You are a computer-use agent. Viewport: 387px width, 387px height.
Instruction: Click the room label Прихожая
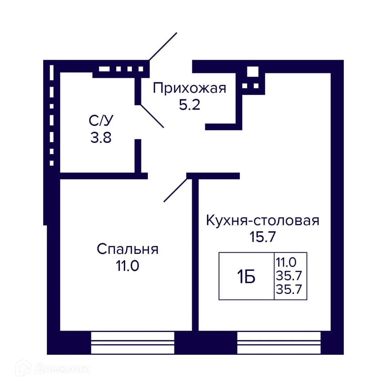[189, 88]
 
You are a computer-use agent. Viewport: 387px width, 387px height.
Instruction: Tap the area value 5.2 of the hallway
[190, 105]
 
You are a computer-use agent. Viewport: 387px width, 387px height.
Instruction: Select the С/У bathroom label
[101, 121]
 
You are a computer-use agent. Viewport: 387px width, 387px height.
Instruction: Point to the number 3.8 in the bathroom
[101, 138]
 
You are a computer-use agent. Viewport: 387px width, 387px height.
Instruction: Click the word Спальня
[127, 249]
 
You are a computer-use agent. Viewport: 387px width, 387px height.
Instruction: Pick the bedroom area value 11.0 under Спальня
[127, 266]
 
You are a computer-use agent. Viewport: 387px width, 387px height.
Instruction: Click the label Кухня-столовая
[263, 221]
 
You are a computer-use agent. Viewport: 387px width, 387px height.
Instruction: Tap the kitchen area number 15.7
[263, 237]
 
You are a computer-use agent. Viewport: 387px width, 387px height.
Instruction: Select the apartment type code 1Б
[246, 277]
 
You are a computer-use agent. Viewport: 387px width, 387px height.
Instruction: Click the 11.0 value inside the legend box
[286, 262]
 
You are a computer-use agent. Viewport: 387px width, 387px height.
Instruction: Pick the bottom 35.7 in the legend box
[289, 290]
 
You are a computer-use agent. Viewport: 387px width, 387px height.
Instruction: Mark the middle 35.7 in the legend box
[289, 276]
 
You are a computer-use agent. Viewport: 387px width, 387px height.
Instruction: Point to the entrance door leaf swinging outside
[163, 46]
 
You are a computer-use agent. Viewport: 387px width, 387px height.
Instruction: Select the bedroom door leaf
[175, 190]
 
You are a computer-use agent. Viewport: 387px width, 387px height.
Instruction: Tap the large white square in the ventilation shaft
[253, 71]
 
